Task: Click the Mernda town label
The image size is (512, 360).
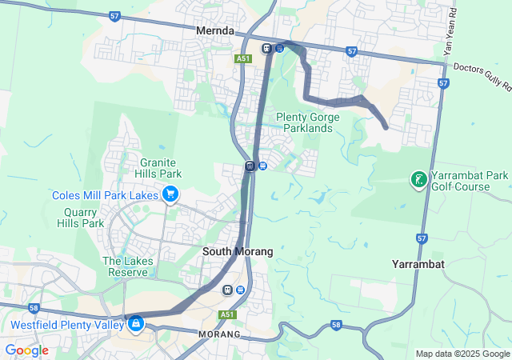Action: (x=214, y=30)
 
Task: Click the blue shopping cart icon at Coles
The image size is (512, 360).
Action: (x=170, y=194)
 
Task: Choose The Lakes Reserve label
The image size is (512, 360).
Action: (x=125, y=266)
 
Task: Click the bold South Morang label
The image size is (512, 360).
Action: (x=238, y=251)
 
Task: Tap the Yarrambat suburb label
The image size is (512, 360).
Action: (x=419, y=263)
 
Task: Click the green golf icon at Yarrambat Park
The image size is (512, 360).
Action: (x=418, y=179)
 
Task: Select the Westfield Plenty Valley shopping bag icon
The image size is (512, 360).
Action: (x=135, y=323)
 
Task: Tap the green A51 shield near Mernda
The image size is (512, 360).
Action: (x=243, y=58)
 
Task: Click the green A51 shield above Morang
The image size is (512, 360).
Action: (x=228, y=314)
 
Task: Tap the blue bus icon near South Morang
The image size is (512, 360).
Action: (x=241, y=290)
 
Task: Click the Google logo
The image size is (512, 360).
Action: (x=26, y=350)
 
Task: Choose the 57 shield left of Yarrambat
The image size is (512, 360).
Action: (x=422, y=238)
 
